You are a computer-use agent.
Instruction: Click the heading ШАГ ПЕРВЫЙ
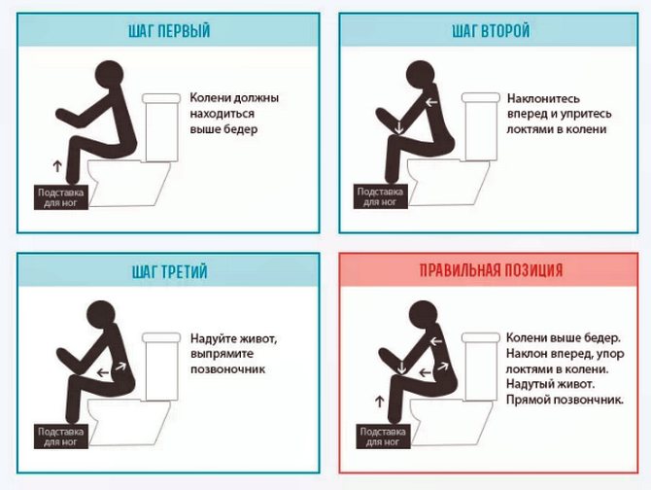[168, 32]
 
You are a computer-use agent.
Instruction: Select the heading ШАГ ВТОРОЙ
[491, 32]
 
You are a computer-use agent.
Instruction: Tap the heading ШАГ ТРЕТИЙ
[168, 271]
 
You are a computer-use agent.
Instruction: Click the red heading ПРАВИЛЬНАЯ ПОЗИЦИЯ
[491, 271]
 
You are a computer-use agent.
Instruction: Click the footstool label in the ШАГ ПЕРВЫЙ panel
[62, 197]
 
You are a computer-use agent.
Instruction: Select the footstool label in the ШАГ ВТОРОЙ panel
[380, 197]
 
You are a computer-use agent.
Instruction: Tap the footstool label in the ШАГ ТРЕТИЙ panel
[62, 437]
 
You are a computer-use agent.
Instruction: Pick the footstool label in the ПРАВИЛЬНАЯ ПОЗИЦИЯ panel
[380, 437]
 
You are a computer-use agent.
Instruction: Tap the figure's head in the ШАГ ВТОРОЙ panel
[424, 76]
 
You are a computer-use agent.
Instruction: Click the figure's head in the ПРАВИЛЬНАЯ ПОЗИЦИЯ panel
[423, 315]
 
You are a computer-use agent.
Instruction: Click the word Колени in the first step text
[211, 98]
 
